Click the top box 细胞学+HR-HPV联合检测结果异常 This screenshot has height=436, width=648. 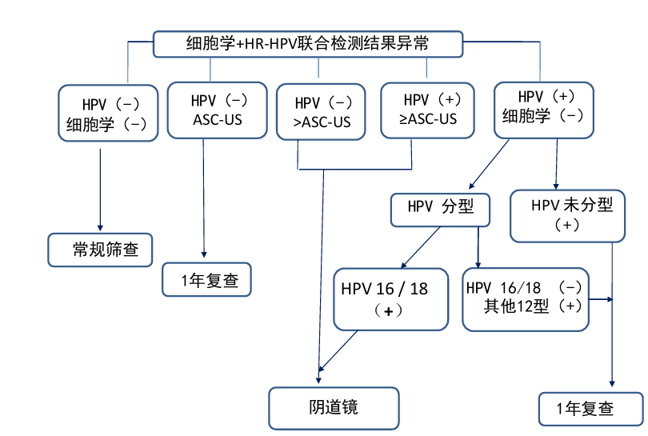point(308,43)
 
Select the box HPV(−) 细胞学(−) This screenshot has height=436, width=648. point(108,113)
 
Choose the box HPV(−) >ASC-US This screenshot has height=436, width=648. point(321,113)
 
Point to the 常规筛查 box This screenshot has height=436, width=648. point(100,250)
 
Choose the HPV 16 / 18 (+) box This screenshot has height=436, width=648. point(390,299)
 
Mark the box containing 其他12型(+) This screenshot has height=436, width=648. point(526,298)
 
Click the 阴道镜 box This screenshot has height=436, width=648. point(333,407)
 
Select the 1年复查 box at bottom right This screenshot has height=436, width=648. point(590,408)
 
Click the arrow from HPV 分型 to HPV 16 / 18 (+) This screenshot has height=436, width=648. point(420,247)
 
